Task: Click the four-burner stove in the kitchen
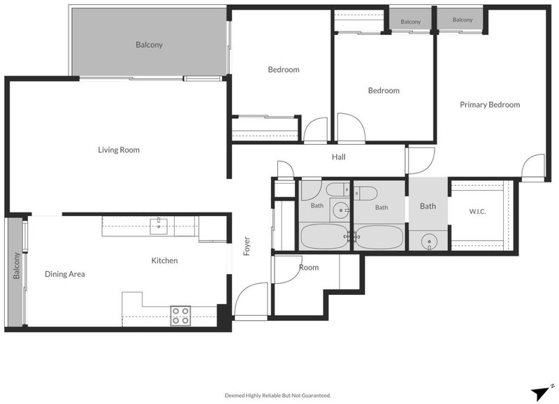click(180, 315)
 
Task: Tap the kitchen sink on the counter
click(159, 226)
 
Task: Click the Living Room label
click(119, 150)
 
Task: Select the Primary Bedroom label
click(490, 104)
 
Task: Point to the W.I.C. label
click(477, 212)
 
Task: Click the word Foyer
click(247, 246)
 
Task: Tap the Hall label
click(339, 157)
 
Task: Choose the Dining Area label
click(65, 274)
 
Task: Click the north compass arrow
click(540, 393)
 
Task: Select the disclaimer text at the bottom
click(277, 396)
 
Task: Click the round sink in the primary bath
click(429, 243)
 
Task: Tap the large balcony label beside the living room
click(149, 45)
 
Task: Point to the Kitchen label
click(164, 261)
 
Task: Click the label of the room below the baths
click(309, 268)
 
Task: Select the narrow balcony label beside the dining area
click(16, 266)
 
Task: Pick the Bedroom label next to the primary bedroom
click(384, 91)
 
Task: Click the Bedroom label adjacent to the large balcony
click(284, 69)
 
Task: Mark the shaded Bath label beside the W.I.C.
click(428, 206)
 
